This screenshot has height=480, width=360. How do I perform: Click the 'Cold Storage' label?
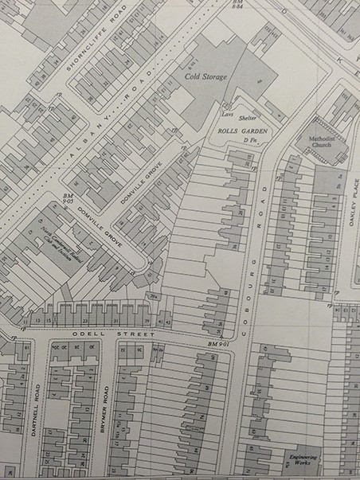pos(206,76)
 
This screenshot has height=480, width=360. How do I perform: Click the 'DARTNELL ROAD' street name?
pos(37,410)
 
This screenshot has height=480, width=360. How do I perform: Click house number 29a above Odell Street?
pos(153,296)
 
